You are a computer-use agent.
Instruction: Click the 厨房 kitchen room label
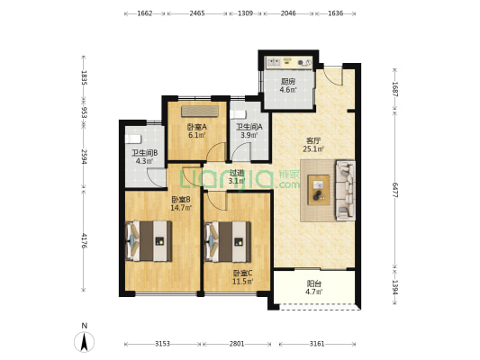pos(288,82)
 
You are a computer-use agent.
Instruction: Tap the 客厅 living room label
pos(313,141)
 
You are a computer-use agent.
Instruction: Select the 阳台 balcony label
pos(313,283)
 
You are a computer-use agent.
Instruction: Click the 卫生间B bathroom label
pos(145,153)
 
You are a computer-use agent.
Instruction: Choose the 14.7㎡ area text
pos(181,208)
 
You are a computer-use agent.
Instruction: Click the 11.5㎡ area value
pos(243,281)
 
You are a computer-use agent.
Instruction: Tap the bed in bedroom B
pos(149,241)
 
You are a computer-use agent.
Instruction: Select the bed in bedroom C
pos(228,241)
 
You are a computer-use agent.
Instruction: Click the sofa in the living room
pos(346,190)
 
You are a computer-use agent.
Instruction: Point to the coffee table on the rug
pos(319,190)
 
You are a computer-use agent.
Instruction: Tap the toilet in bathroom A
pos(238,114)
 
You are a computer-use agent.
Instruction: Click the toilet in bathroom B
pos(133,139)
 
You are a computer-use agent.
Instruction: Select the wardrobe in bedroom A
pos(200,111)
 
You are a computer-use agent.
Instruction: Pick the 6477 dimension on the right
pos(395,190)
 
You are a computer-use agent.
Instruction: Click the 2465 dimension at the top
pos(197,13)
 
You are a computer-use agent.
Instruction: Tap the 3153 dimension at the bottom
pos(162,344)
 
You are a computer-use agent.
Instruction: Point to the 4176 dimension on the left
pos(84,240)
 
